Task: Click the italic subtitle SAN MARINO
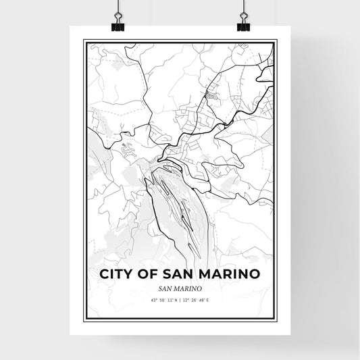pos(180,288)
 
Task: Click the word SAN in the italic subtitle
pos(165,288)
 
